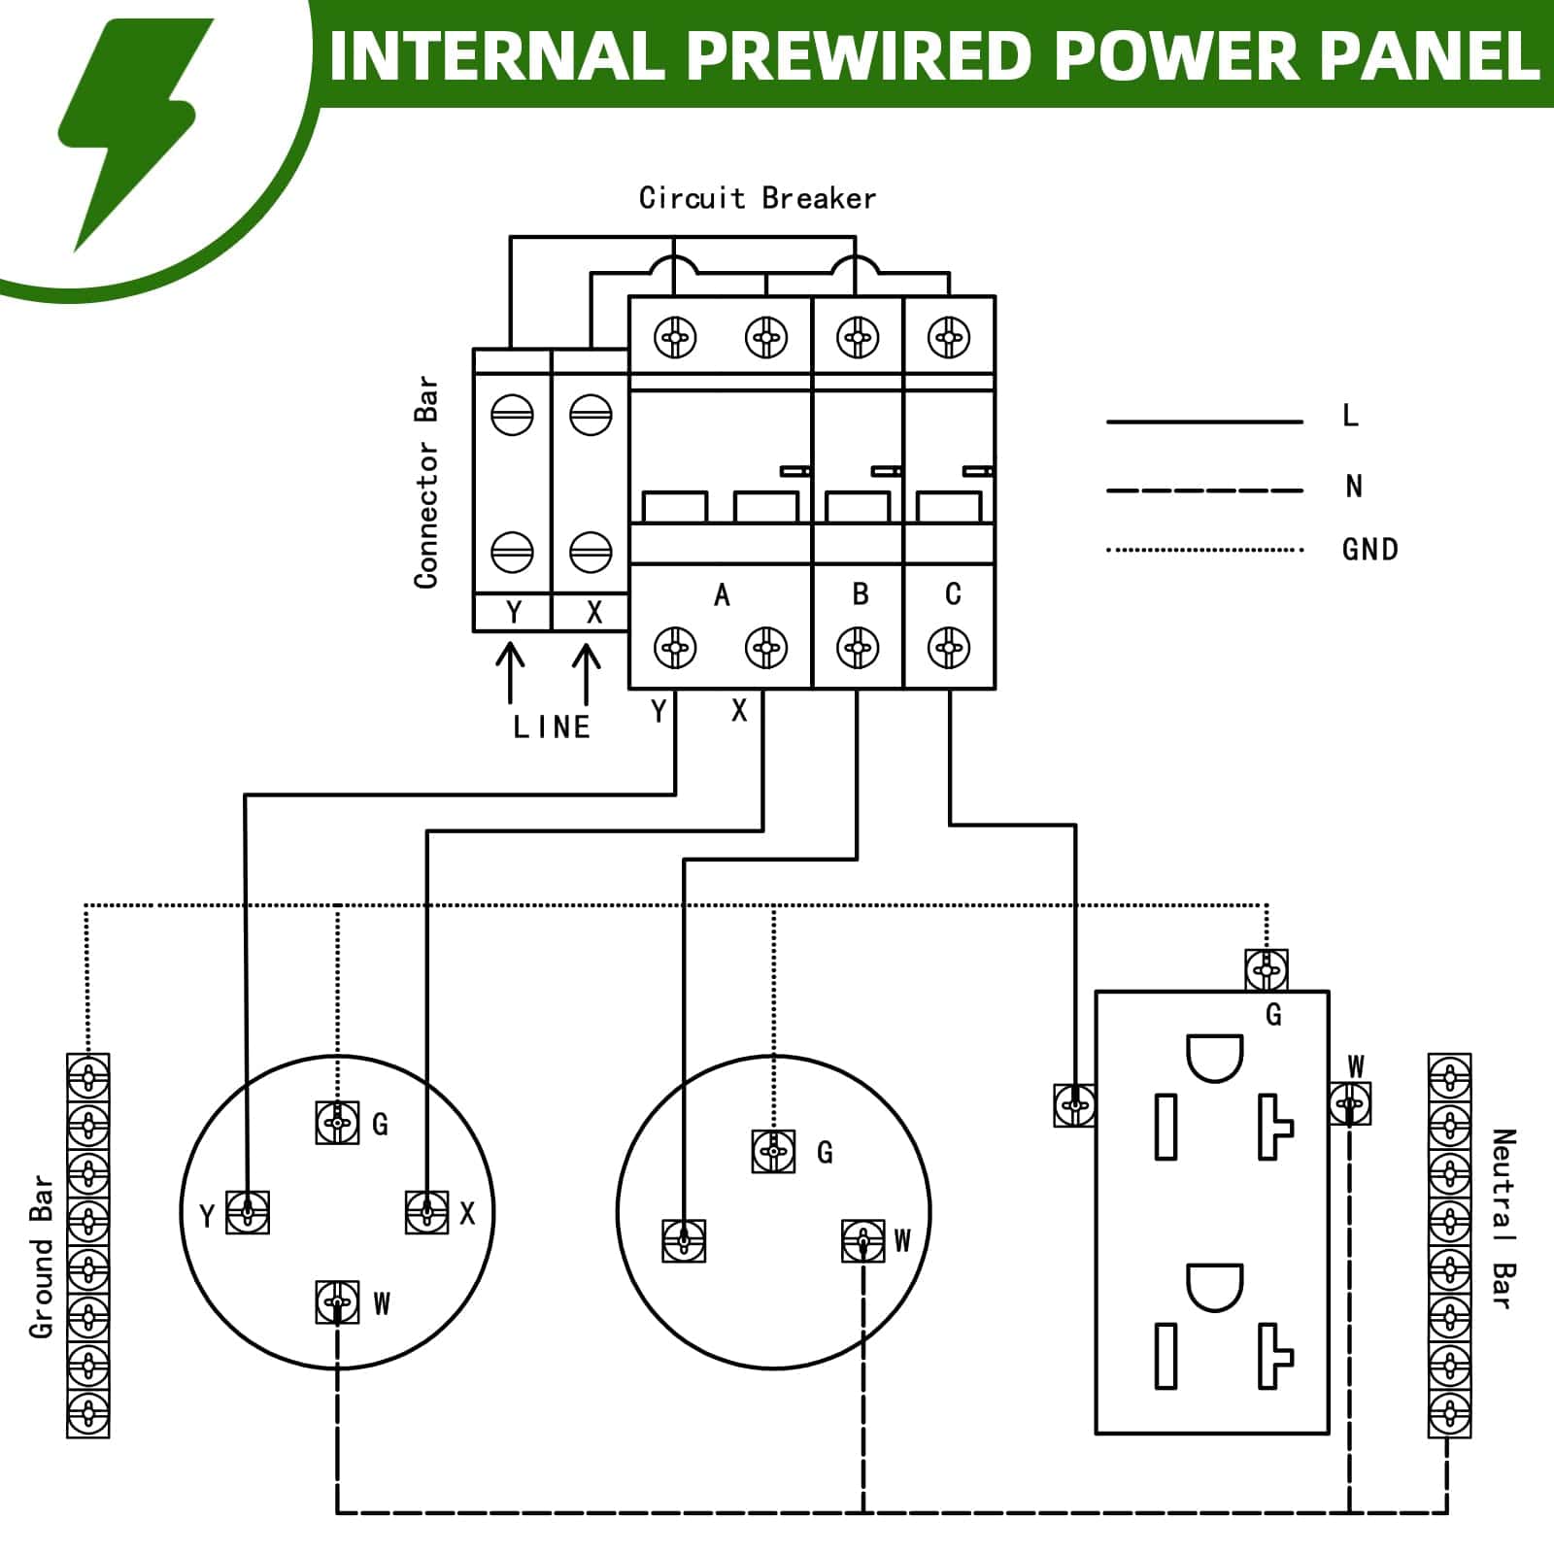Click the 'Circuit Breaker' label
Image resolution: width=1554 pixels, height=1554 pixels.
757,198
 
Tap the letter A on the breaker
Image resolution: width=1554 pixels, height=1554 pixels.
721,594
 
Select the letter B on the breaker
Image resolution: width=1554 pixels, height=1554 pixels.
860,594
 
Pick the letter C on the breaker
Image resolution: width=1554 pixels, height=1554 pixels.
952,594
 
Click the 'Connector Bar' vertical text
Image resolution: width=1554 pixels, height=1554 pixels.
426,483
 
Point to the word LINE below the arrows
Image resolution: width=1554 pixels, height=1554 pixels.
552,727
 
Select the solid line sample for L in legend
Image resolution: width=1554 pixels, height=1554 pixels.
1204,422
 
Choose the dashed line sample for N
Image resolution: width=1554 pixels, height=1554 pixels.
1204,490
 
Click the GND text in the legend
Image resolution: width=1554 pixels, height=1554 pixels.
1369,550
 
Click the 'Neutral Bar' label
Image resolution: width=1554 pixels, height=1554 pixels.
1503,1219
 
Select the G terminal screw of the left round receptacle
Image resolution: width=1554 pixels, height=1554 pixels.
337,1123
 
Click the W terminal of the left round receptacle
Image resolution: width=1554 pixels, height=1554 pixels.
337,1301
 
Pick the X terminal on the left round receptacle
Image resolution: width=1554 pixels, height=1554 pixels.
426,1212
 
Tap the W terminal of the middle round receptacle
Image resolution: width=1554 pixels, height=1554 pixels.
862,1240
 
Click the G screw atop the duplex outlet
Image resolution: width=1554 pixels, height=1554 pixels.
1267,969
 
